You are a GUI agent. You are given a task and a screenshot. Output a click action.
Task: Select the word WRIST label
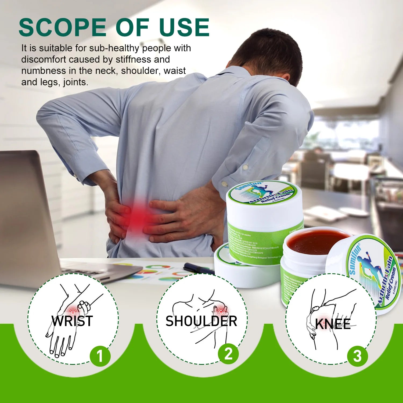coord(72,321)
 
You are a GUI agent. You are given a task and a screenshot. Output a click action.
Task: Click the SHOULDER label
coord(201,321)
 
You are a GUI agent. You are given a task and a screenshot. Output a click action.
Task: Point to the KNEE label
coord(333,324)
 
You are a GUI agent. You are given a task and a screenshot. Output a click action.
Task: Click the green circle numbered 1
coord(100,356)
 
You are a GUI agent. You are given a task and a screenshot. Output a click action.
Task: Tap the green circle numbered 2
coord(228,354)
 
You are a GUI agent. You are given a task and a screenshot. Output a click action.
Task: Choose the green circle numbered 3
coord(357,356)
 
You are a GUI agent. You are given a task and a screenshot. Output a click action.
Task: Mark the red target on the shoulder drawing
coord(221,311)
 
